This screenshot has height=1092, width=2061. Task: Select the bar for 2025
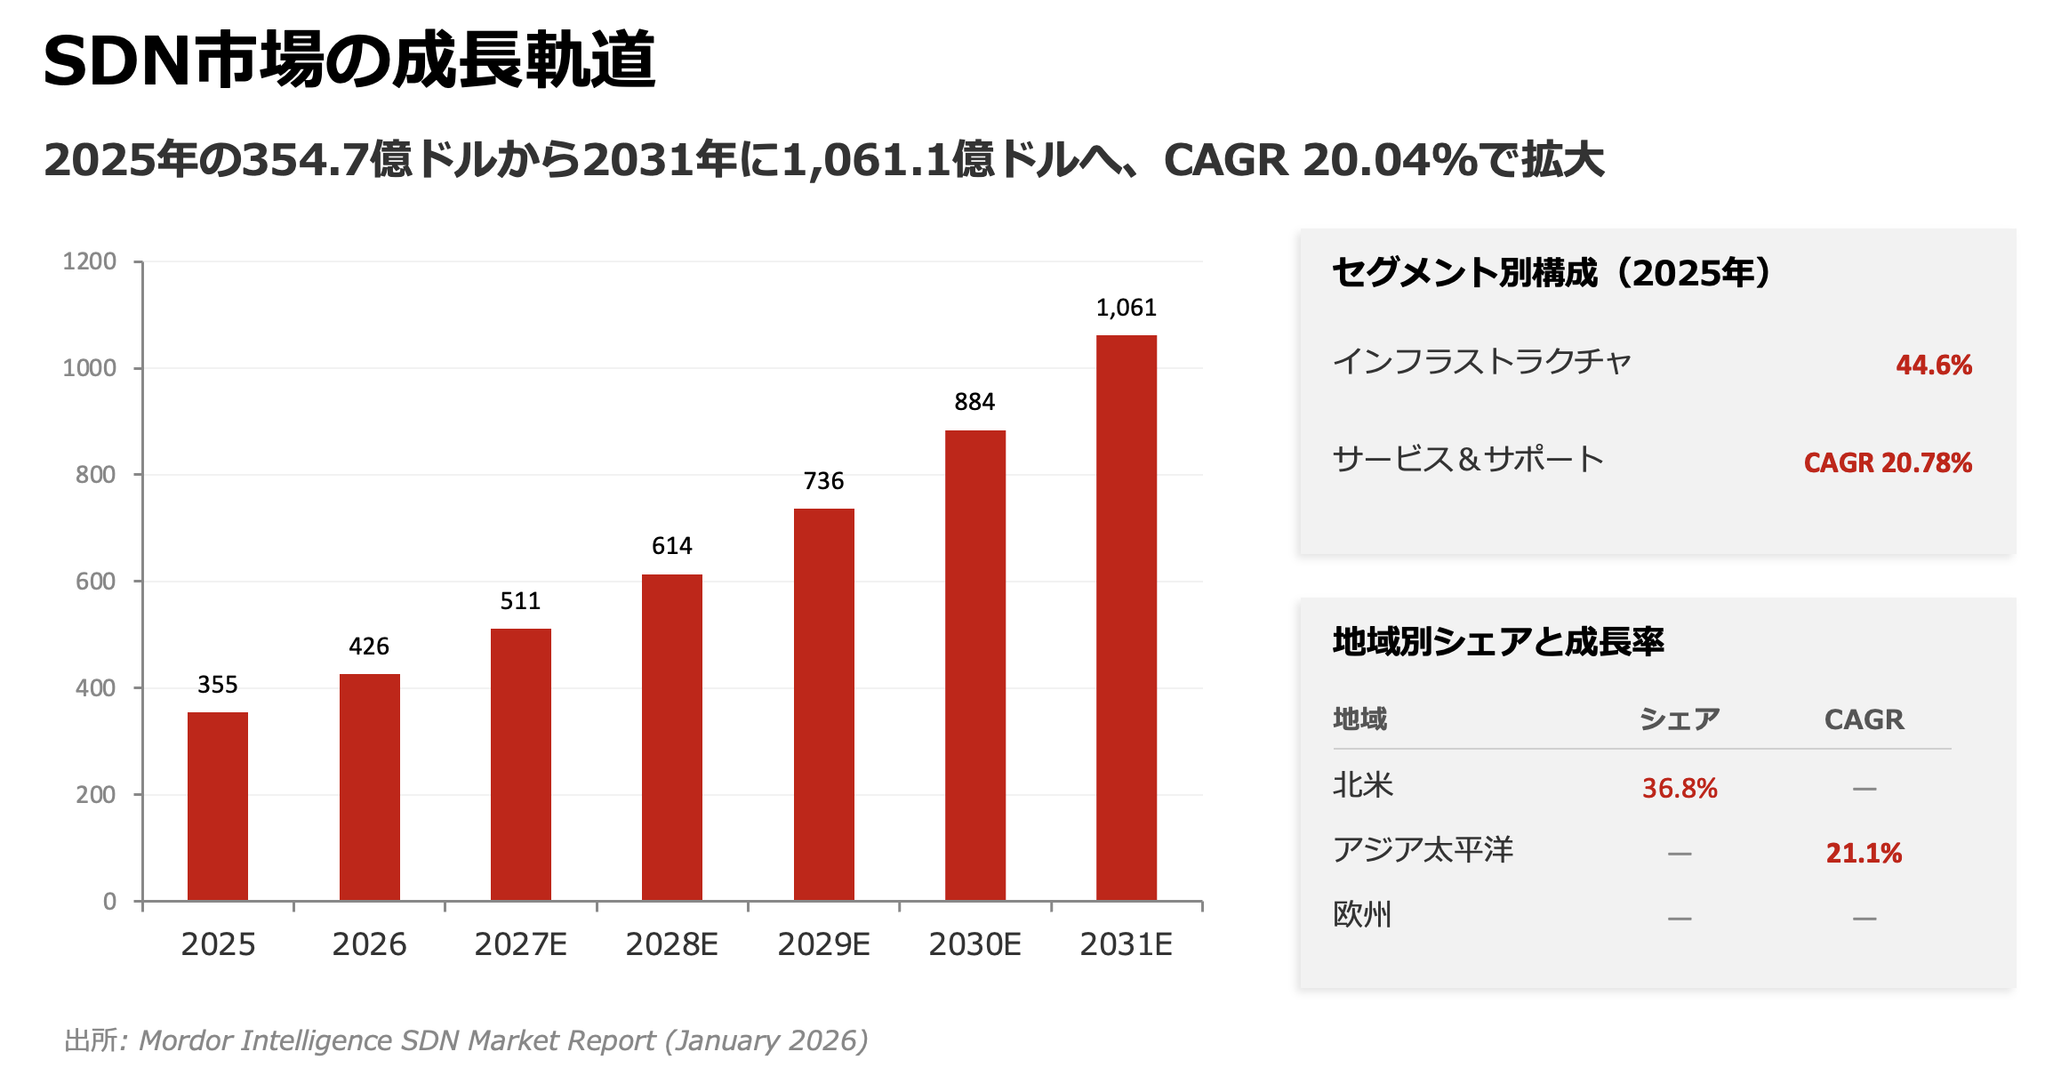click(218, 806)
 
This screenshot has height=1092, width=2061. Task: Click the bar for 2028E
click(672, 737)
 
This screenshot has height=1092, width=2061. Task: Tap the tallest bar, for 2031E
click(1126, 617)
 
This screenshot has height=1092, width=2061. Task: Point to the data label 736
click(823, 481)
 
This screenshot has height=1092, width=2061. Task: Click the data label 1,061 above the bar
click(1126, 308)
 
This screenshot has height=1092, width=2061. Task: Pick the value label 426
click(369, 646)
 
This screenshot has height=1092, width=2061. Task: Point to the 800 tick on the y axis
click(95, 475)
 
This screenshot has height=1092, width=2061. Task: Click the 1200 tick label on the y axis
click(89, 261)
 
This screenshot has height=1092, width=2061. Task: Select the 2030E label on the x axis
click(974, 944)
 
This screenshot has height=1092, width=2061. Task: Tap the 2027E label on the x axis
click(520, 944)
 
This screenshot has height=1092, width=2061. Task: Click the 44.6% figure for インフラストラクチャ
click(1933, 365)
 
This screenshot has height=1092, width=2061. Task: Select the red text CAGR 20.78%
click(1887, 462)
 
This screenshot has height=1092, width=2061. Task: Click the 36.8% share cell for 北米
click(1679, 788)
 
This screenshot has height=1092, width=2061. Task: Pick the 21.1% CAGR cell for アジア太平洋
click(1864, 853)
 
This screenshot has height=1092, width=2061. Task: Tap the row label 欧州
click(1361, 914)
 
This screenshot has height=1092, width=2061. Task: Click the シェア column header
click(1679, 719)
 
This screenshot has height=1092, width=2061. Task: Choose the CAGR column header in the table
click(1864, 719)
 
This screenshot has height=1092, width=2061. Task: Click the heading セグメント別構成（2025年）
click(1552, 272)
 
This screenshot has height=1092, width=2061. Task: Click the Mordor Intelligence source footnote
click(466, 1040)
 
